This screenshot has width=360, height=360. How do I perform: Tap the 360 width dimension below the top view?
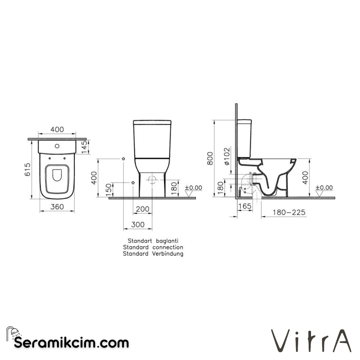pos(57,207)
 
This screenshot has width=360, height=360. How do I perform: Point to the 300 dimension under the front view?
pos(138,225)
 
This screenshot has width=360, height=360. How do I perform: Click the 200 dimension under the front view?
pos(143,209)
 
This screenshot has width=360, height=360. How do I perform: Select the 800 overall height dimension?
pos(209,158)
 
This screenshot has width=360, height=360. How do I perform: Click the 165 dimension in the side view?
pos(245,207)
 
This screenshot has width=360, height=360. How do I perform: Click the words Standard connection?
pos(153,247)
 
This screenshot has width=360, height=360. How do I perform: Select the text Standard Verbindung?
pos(153,254)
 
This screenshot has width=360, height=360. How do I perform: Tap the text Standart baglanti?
pos(153,241)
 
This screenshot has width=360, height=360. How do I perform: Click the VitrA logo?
pos(311,341)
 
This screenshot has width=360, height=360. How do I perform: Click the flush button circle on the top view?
pos(57,146)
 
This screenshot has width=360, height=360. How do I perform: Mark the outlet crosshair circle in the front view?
pos(152,180)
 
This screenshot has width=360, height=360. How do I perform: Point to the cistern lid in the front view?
pos(152,122)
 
